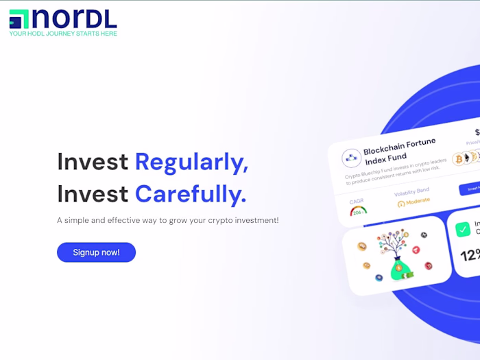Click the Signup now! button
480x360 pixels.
[x=96, y=252]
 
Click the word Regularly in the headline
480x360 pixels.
[x=191, y=162]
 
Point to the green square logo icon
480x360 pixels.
[x=19, y=19]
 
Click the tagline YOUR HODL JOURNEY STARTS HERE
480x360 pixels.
[x=63, y=34]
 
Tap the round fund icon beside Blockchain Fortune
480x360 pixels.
[x=352, y=158]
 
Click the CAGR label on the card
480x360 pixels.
[x=357, y=202]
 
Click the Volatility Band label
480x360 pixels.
[x=411, y=191]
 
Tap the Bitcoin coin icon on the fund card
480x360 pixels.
[x=458, y=159]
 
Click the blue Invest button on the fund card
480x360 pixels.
[x=470, y=189]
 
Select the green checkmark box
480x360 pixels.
[x=464, y=229]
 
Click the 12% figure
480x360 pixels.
[x=470, y=256]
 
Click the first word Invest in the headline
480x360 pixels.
[x=93, y=162]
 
